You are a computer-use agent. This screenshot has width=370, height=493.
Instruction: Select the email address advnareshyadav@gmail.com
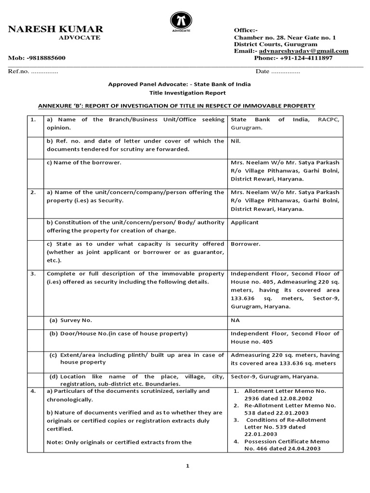303,51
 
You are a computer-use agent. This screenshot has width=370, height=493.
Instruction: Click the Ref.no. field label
18,71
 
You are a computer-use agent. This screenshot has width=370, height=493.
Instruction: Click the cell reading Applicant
245,223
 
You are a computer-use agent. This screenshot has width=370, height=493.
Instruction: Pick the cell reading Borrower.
246,244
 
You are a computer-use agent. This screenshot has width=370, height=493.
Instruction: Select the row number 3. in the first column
33,273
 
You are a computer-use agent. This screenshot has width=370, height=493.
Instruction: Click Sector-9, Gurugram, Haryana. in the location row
275,376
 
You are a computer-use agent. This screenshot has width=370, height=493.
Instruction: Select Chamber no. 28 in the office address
261,37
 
